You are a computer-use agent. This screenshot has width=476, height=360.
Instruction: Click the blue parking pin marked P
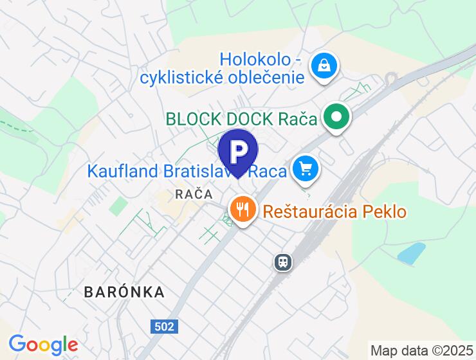tap(238, 150)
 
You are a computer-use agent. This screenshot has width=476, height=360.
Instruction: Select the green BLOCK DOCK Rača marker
tap(336, 117)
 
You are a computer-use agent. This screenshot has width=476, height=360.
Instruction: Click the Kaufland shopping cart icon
tap(305, 169)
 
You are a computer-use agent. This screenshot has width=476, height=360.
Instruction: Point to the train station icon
tap(282, 262)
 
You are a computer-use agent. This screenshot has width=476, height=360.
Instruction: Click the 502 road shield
tap(164, 327)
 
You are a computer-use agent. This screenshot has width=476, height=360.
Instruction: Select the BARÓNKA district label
tap(124, 292)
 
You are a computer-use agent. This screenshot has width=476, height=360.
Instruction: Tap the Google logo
tap(43, 345)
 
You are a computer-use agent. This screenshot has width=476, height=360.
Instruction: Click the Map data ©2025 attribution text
tap(421, 351)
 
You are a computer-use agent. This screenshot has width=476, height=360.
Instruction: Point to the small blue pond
tap(412, 253)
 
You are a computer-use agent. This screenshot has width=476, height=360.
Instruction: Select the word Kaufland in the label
tap(123, 171)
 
